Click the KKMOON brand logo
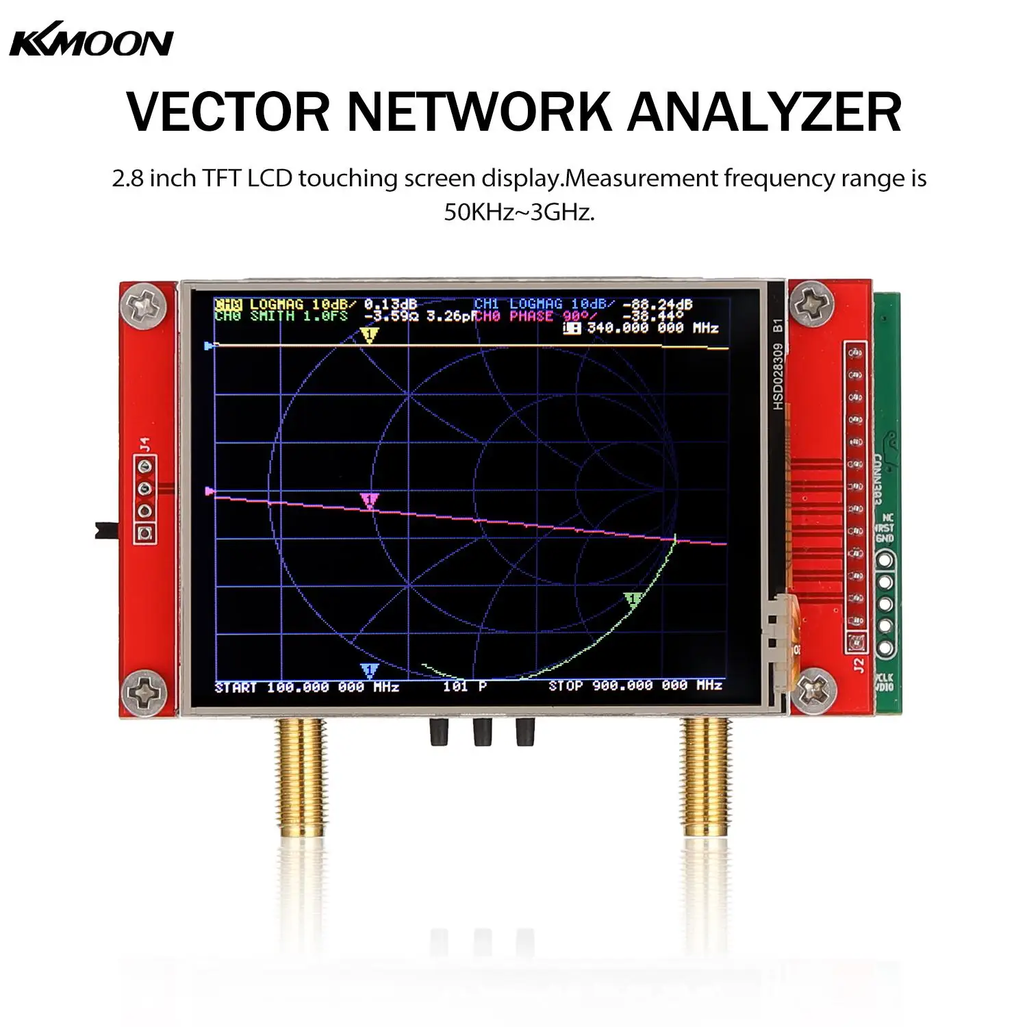click(x=91, y=42)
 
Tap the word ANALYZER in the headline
click(x=764, y=112)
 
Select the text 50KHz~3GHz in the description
click(x=519, y=212)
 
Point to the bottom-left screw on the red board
click(x=145, y=692)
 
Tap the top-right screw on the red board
click(x=812, y=303)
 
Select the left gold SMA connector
click(x=299, y=777)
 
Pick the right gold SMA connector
click(x=706, y=777)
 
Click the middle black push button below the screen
click(x=483, y=732)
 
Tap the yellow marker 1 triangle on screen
click(x=369, y=335)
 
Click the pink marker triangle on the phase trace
click(x=369, y=500)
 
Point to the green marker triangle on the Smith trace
click(x=632, y=600)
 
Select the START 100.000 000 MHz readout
click(x=307, y=687)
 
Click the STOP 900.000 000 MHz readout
click(x=635, y=685)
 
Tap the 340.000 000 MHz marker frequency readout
click(x=652, y=328)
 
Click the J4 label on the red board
click(x=144, y=444)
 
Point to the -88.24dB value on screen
click(x=657, y=305)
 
